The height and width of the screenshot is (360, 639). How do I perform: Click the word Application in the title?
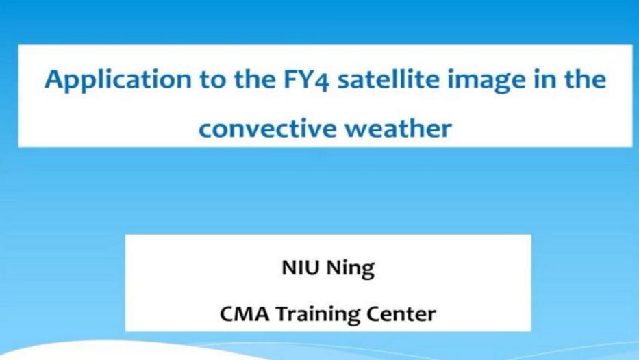coord(118,80)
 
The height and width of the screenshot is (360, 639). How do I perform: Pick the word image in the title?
coord(486,80)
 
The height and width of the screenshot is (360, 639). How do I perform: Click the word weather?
coord(398,128)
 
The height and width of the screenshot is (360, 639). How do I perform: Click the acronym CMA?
coord(245,314)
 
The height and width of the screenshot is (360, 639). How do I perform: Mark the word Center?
coord(401,314)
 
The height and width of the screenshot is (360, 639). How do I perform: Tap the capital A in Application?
coord(54,79)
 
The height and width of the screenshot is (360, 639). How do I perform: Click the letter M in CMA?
coord(245,314)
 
